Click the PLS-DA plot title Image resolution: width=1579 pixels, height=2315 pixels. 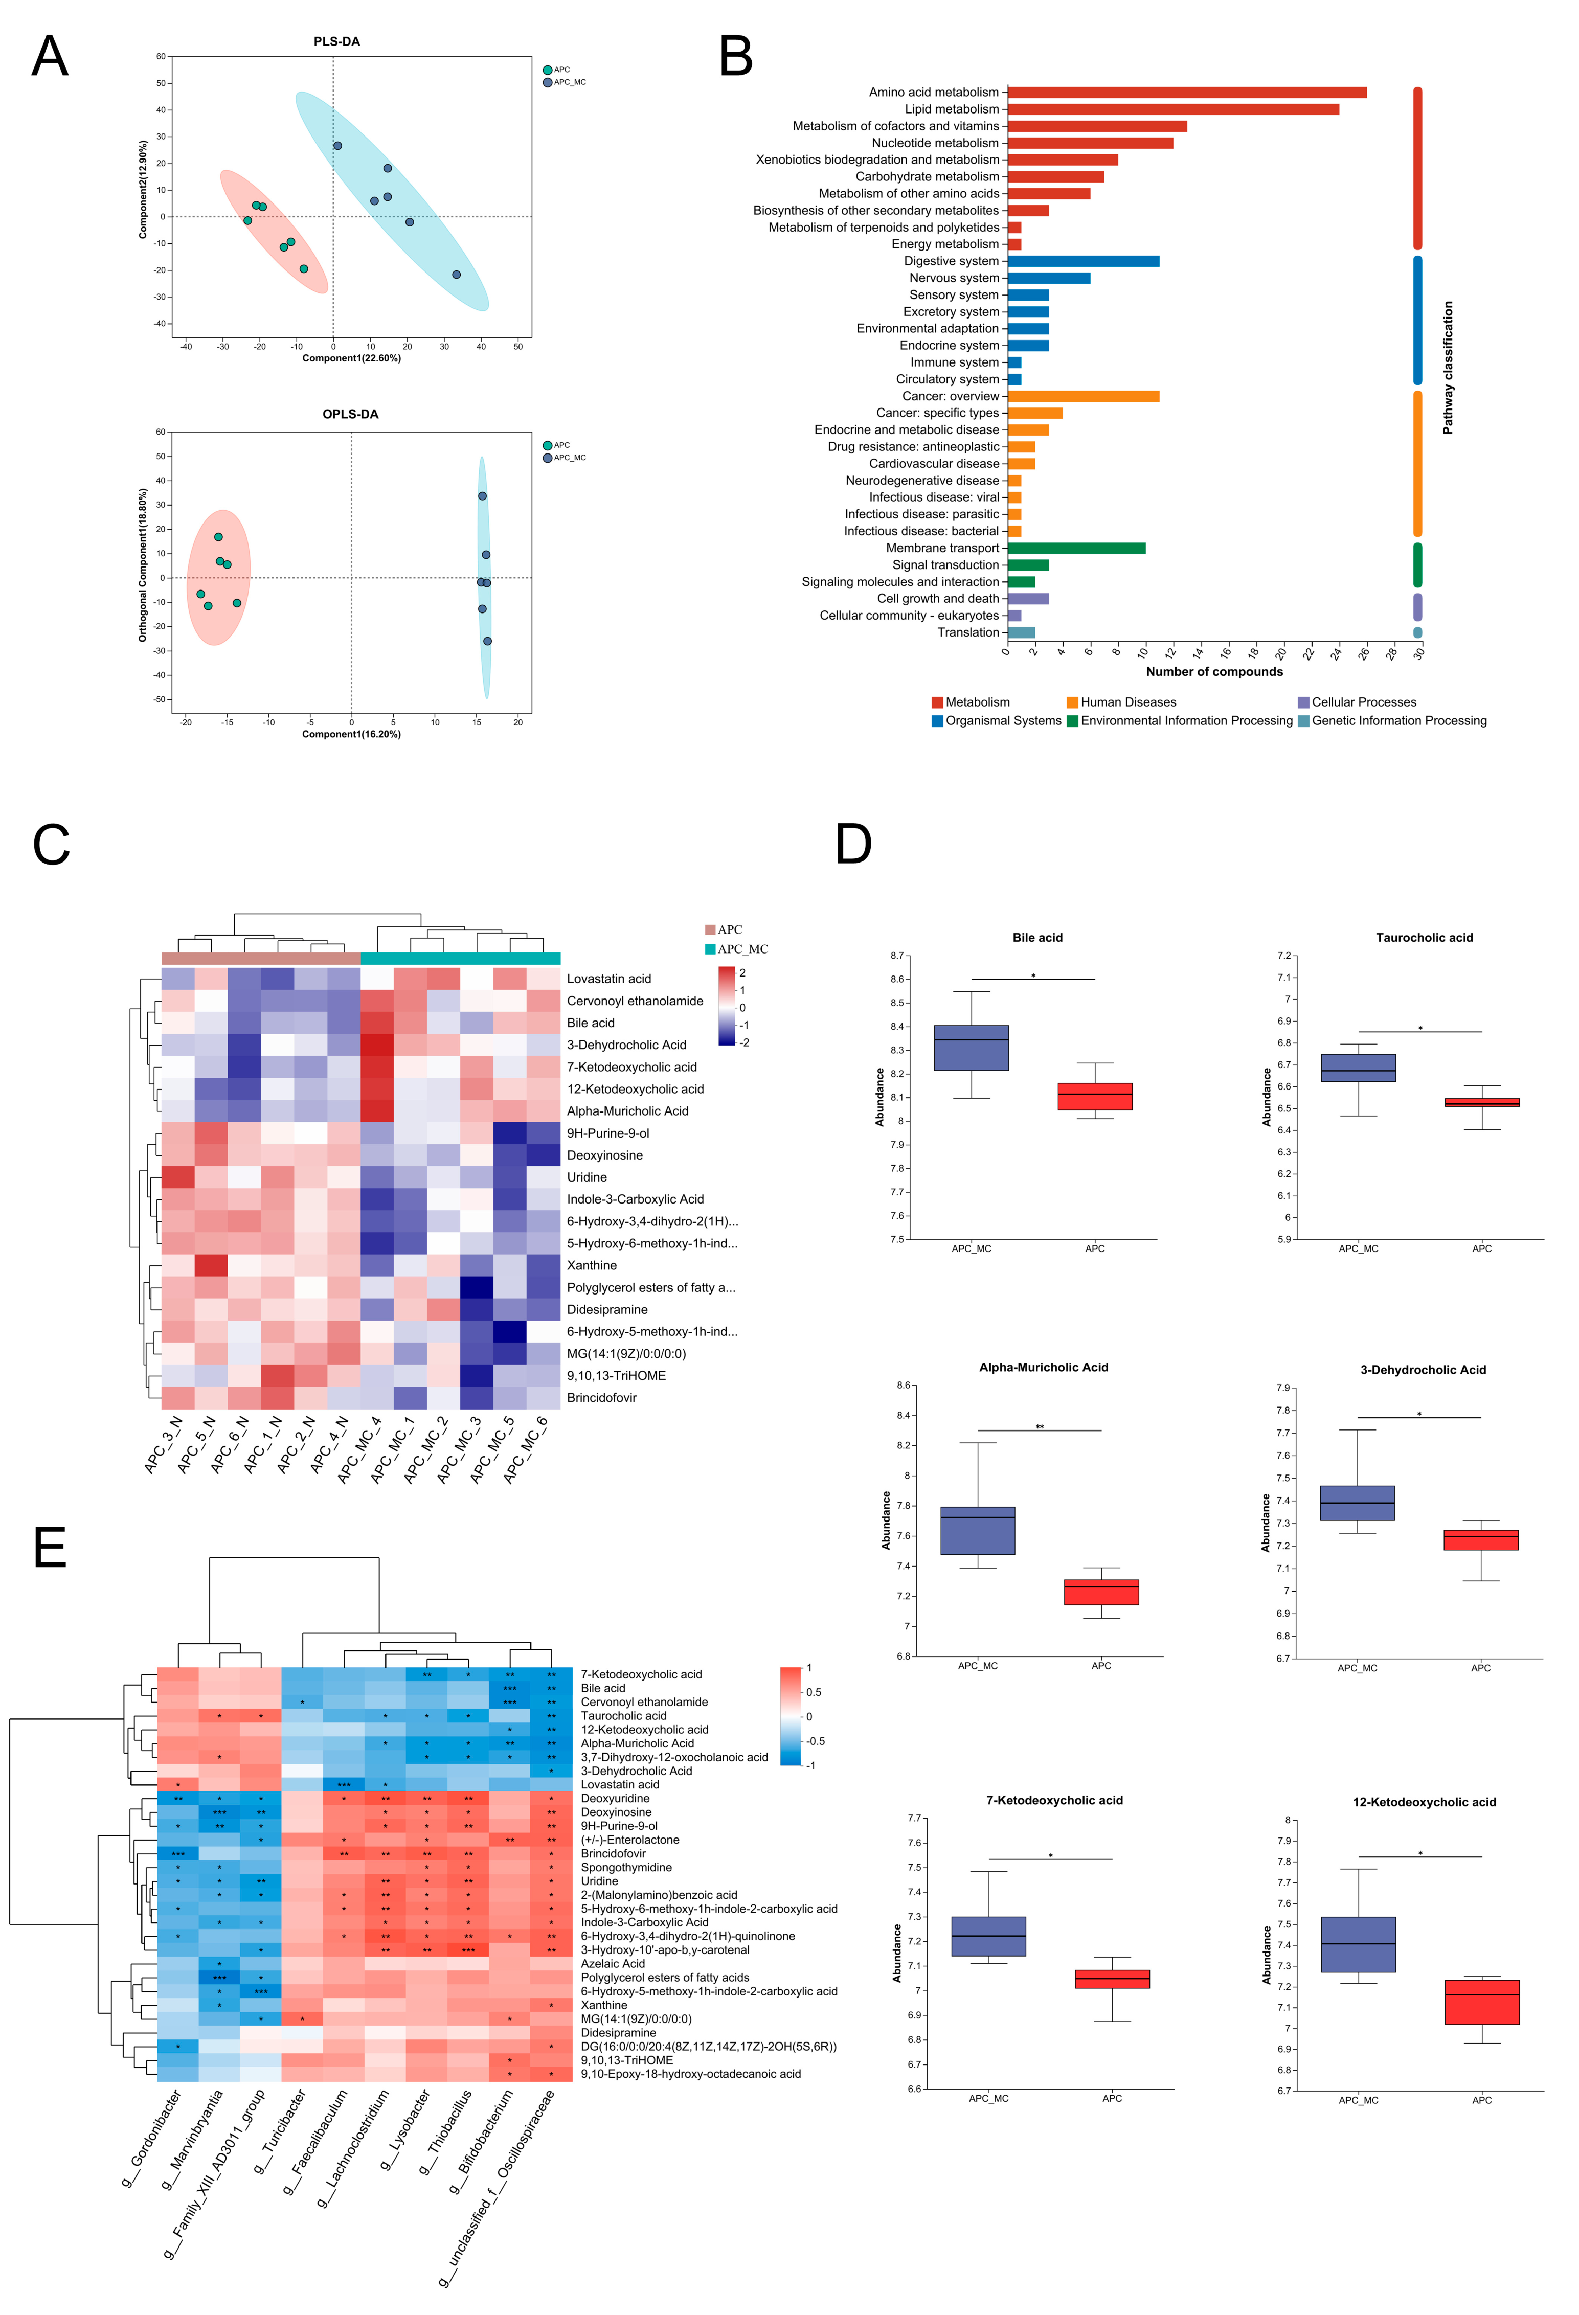click(x=337, y=42)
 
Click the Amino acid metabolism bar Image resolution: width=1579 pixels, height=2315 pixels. click(x=1185, y=93)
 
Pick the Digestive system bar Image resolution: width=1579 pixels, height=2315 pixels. click(x=1083, y=261)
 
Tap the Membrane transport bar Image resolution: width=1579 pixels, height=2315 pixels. click(x=1076, y=548)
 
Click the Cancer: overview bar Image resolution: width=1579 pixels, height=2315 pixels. click(x=1083, y=396)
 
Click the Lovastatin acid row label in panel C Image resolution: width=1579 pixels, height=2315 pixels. click(x=608, y=979)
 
